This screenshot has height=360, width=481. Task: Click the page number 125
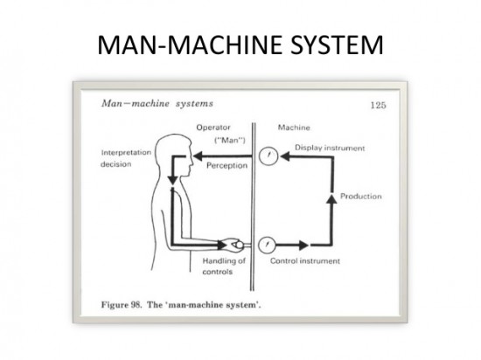pyautogui.click(x=378, y=105)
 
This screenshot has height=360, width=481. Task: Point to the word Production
pyautogui.click(x=360, y=197)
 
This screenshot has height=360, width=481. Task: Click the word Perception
pyautogui.click(x=225, y=163)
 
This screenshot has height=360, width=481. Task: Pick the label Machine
pyautogui.click(x=293, y=128)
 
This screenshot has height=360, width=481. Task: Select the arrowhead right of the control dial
pyautogui.click(x=303, y=244)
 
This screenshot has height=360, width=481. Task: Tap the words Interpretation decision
pyautogui.click(x=125, y=158)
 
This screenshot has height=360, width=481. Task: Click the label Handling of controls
pyautogui.click(x=224, y=266)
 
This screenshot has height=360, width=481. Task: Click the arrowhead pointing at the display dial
pyautogui.click(x=284, y=156)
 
